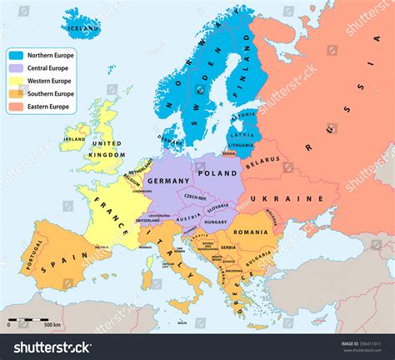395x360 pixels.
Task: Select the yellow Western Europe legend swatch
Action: click(x=17, y=82)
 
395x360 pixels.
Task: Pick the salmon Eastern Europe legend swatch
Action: click(x=17, y=107)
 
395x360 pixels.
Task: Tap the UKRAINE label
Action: click(x=298, y=199)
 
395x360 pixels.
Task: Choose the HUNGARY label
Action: click(x=215, y=222)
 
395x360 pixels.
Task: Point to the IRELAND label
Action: click(x=74, y=139)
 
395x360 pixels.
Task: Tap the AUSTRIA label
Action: click(x=189, y=218)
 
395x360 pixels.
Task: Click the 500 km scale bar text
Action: click(x=52, y=324)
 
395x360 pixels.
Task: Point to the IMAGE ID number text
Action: click(x=360, y=342)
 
